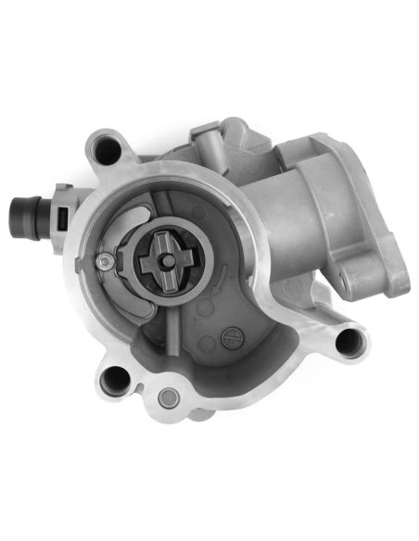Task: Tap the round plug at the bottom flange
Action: [168, 397]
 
